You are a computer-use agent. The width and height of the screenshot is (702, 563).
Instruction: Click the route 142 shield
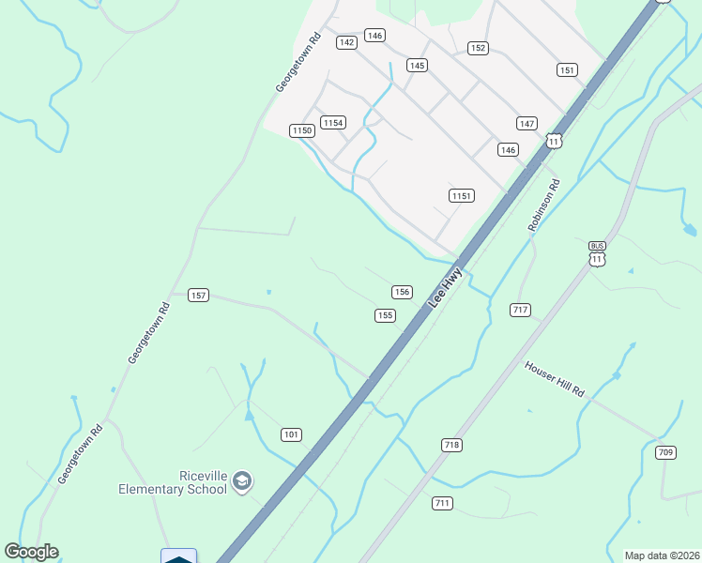pos(347,42)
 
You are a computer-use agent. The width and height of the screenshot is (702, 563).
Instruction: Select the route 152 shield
pos(478,48)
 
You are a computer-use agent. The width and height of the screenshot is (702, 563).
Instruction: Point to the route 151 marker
pos(566,70)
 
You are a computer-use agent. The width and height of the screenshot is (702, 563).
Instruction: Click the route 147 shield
pos(526,124)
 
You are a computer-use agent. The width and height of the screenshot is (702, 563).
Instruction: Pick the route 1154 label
pos(333,123)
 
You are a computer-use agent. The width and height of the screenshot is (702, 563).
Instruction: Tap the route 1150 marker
pos(301,130)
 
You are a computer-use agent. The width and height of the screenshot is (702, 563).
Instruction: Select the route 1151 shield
pos(461,195)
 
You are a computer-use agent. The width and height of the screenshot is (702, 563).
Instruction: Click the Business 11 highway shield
pos(598,252)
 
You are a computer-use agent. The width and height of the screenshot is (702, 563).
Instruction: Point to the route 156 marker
pos(402,292)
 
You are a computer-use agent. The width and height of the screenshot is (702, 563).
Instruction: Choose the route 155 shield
pos(385,315)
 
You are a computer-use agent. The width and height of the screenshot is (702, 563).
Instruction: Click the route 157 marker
pos(198,295)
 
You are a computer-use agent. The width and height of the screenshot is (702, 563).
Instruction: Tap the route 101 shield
pos(291,434)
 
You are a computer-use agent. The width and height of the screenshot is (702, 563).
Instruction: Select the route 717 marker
pos(521,309)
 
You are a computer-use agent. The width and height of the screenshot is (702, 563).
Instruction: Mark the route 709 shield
pos(665,452)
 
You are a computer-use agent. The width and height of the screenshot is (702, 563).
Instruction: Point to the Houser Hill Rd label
pos(555,379)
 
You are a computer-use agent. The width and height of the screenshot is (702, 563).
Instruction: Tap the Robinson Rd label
pos(543,205)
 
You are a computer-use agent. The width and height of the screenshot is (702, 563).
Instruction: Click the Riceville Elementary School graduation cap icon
pos(243,481)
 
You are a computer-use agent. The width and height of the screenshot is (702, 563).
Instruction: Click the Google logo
pos(31,552)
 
